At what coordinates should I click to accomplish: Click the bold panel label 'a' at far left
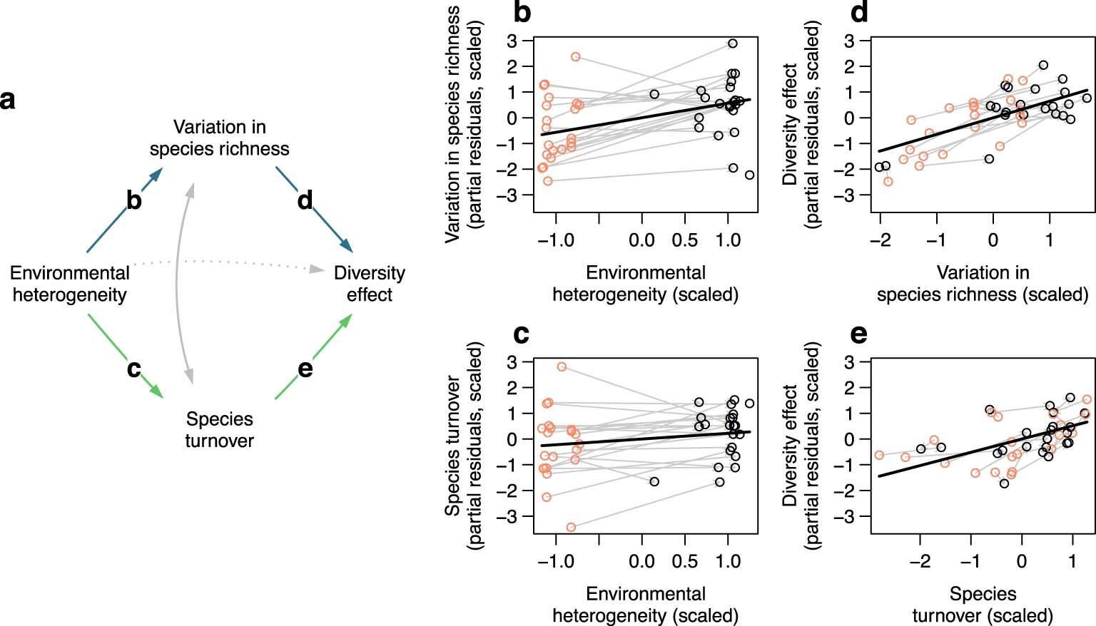(x=8, y=100)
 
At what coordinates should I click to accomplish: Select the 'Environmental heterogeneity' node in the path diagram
(x=69, y=284)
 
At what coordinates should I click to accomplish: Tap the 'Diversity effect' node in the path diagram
(x=369, y=284)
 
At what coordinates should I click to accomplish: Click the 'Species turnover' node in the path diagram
(x=219, y=429)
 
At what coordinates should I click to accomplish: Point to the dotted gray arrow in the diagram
(x=228, y=262)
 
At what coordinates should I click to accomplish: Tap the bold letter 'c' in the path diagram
(x=133, y=369)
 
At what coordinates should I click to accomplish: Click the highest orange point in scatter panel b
(x=575, y=57)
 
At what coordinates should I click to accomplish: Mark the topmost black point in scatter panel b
(x=732, y=43)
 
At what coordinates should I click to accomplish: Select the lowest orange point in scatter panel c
(x=571, y=527)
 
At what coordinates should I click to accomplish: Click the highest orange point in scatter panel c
(x=562, y=366)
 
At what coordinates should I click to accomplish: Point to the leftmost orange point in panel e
(x=879, y=455)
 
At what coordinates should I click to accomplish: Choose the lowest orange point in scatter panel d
(x=888, y=182)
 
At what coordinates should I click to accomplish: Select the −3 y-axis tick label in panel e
(x=849, y=516)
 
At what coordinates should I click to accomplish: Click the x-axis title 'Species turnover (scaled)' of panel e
(x=983, y=605)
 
